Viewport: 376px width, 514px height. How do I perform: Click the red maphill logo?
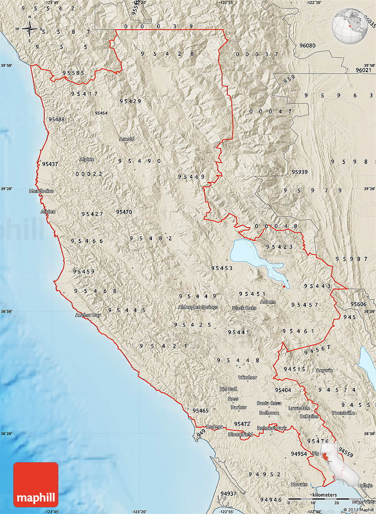[36, 484]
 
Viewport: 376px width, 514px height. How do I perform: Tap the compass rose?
[30, 29]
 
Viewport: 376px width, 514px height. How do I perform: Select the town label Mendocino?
[42, 191]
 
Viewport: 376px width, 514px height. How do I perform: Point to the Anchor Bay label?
[88, 315]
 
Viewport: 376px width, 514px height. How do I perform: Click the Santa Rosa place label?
[269, 403]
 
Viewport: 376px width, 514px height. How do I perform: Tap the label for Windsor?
[247, 378]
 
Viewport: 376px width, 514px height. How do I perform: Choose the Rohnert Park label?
[272, 428]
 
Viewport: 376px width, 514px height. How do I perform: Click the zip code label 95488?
[57, 120]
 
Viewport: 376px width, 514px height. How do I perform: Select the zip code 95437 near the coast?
[50, 164]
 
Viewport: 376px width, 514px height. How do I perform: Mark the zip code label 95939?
[300, 172]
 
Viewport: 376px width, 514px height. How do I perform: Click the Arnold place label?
[127, 139]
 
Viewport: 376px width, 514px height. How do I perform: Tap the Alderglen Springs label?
[198, 307]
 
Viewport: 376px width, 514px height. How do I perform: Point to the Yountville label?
[343, 413]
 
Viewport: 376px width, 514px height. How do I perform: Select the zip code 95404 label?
[283, 390]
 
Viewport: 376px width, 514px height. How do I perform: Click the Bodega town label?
[215, 427]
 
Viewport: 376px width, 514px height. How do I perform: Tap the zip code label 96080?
[307, 46]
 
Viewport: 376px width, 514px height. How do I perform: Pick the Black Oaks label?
[244, 308]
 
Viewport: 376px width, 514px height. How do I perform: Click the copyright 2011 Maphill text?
[358, 510]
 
